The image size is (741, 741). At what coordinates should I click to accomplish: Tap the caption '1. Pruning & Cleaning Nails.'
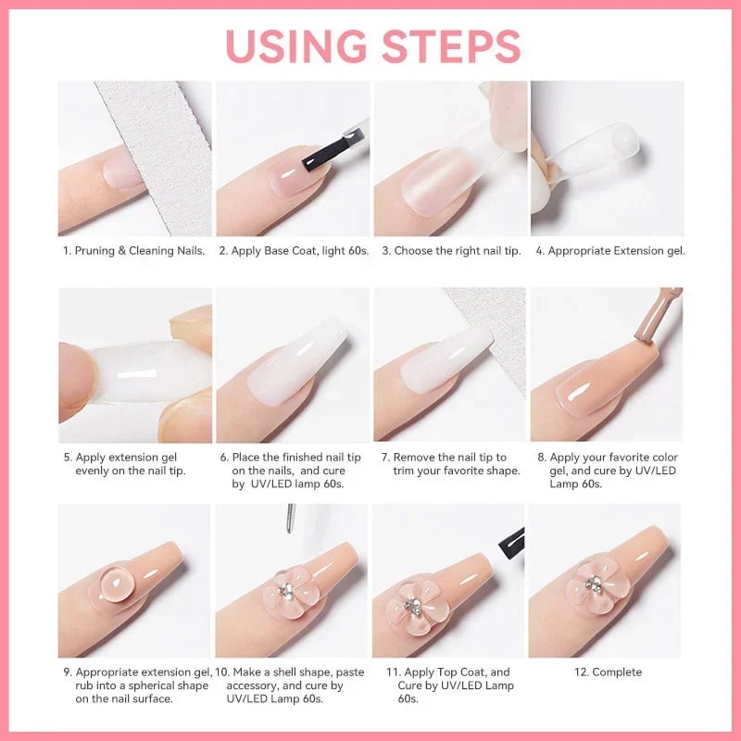[134, 251]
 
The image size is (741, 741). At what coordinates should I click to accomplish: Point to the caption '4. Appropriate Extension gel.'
[609, 251]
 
